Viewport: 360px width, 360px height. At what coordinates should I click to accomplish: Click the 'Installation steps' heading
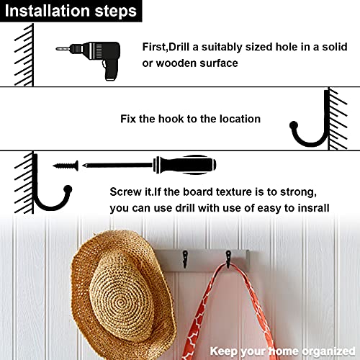[71, 11]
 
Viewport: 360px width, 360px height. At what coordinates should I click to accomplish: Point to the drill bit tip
[57, 49]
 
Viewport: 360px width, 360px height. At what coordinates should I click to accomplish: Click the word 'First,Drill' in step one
[166, 47]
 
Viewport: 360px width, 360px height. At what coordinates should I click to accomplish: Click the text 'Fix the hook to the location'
[190, 119]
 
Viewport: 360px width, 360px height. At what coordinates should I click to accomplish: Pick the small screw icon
[66, 166]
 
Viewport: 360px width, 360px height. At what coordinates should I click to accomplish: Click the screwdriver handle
[185, 165]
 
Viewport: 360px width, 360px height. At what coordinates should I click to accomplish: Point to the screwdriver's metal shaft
[117, 165]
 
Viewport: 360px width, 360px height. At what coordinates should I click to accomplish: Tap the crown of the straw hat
[121, 297]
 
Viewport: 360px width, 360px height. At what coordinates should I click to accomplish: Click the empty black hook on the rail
[185, 258]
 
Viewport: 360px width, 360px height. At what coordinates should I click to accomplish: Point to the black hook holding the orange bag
[228, 258]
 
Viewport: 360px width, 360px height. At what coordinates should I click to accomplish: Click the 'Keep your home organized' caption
[282, 351]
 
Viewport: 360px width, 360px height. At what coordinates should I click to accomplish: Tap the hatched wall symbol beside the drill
[24, 55]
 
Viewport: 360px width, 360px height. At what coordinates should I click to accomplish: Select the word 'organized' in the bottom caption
[328, 351]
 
